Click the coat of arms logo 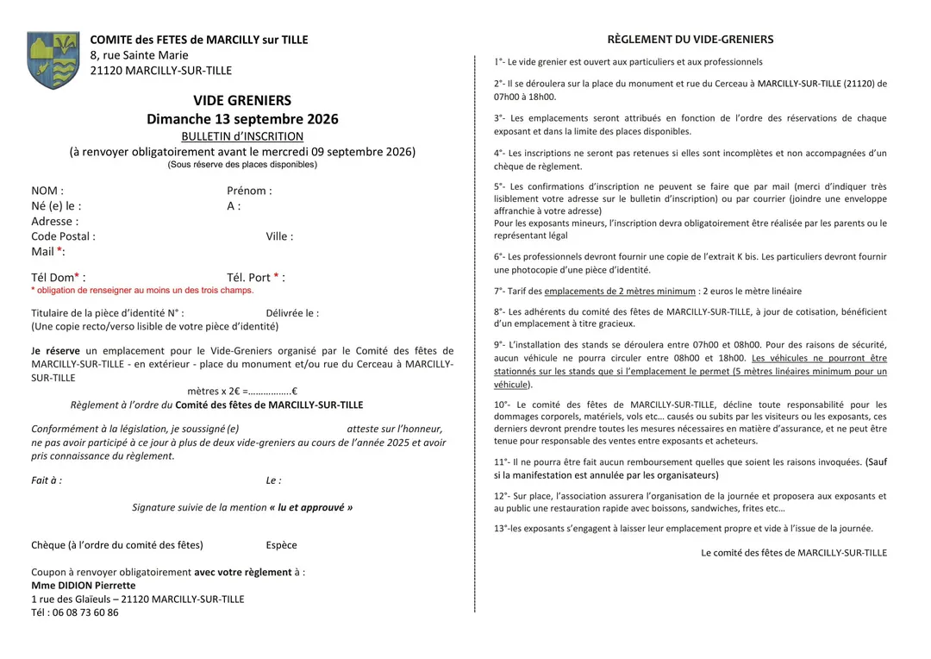click(x=53, y=60)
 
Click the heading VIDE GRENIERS click(x=242, y=101)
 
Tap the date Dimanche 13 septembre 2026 click(x=242, y=119)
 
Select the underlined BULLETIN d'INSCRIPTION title click(x=242, y=136)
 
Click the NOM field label click(x=47, y=191)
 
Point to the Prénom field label click(x=249, y=191)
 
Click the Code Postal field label click(x=63, y=236)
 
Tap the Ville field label click(x=279, y=236)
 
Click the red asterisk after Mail click(x=59, y=251)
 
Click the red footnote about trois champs click(x=142, y=291)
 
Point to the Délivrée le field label click(x=292, y=314)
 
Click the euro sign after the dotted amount click(x=295, y=391)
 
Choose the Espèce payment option click(x=281, y=545)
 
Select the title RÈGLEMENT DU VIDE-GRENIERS click(x=690, y=40)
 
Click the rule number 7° click(x=500, y=292)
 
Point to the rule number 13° click(x=501, y=529)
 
